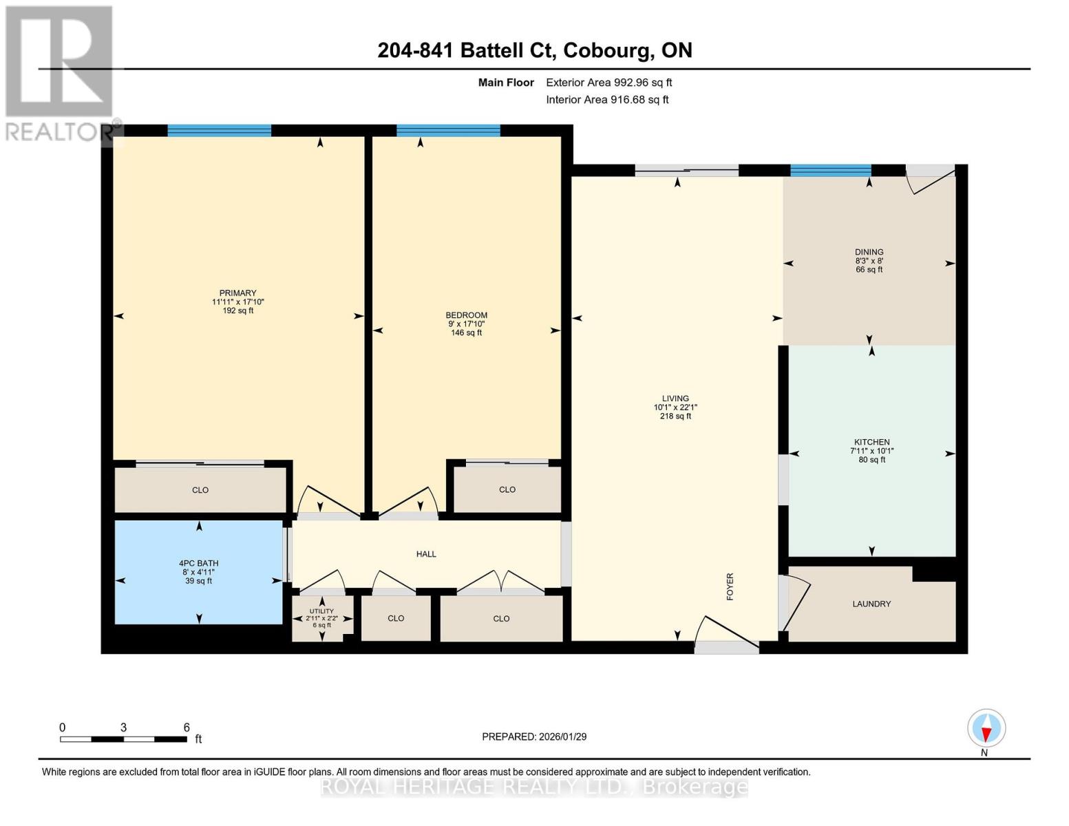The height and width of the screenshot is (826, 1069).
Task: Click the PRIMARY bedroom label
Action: pos(237,293)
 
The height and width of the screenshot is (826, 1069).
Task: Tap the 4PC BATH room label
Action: pos(198,563)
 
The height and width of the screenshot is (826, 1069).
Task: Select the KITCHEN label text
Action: pos(871,442)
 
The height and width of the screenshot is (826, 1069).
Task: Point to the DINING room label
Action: pos(869,252)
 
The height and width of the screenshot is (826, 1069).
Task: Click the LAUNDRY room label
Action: pos(871,604)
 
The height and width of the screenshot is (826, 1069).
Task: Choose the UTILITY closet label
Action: pos(321,611)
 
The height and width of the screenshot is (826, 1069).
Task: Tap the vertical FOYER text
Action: pos(730,586)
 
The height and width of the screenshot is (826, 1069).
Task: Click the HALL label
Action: pos(426,554)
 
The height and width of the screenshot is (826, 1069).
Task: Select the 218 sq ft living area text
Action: pos(675,416)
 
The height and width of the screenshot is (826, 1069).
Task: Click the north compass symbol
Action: pos(986,728)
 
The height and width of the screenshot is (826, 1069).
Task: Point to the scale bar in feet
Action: pos(124,739)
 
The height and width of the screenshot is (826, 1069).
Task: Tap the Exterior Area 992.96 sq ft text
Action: pos(608,83)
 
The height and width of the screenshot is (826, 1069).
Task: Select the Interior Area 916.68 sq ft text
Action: pos(607,100)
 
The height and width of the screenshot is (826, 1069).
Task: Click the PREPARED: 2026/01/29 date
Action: pos(534,737)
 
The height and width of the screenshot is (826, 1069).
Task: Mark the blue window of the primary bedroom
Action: pos(219,131)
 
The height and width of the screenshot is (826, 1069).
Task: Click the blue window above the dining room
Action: pos(830,170)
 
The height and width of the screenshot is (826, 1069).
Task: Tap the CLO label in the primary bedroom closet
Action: pos(200,490)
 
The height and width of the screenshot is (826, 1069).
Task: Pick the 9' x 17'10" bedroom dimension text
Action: pos(466,324)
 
